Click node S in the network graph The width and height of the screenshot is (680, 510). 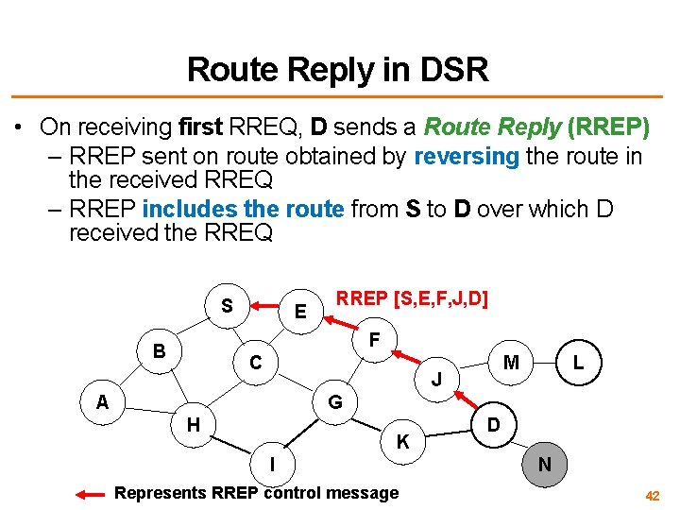[227, 306]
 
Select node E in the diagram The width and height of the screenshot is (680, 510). [300, 312]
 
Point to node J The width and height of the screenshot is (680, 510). [436, 380]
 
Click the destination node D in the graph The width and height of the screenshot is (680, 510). [493, 425]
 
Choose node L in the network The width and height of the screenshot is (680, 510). [578, 362]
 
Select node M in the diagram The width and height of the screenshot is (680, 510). [511, 362]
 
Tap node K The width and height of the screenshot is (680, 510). [402, 441]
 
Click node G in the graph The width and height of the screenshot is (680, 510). [334, 403]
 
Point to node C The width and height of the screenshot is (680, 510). [255, 362]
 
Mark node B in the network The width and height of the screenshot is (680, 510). [160, 350]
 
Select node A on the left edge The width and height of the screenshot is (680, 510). [102, 402]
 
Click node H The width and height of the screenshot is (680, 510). [193, 425]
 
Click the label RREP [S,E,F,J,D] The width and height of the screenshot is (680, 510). [413, 299]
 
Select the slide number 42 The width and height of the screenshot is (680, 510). [653, 495]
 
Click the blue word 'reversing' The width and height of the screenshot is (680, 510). [467, 157]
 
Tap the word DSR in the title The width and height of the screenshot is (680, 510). [455, 69]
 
